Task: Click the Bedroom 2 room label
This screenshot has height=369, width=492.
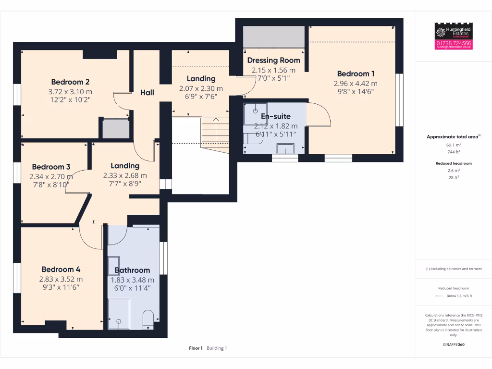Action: click(70, 82)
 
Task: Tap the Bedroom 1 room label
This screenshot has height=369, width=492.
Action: click(356, 74)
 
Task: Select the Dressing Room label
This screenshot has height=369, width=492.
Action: click(273, 60)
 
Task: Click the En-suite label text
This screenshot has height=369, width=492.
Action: click(275, 116)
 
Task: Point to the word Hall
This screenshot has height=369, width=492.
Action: click(147, 92)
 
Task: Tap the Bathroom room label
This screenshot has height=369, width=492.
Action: click(132, 270)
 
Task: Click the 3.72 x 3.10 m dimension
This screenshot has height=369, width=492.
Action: click(70, 91)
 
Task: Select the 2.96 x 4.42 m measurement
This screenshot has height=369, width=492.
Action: click(356, 83)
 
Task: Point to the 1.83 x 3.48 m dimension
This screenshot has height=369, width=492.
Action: click(132, 280)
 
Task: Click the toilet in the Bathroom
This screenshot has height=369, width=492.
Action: click(148, 319)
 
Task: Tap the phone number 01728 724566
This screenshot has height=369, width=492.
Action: click(454, 44)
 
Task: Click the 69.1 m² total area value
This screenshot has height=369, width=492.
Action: click(454, 144)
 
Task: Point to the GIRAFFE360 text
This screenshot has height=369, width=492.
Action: click(454, 344)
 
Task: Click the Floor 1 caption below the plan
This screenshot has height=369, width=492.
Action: click(196, 348)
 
